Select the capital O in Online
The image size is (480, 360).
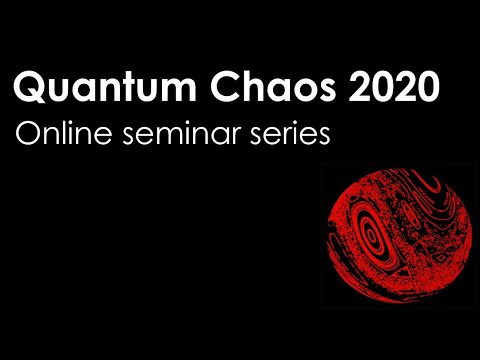pos(29,134)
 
